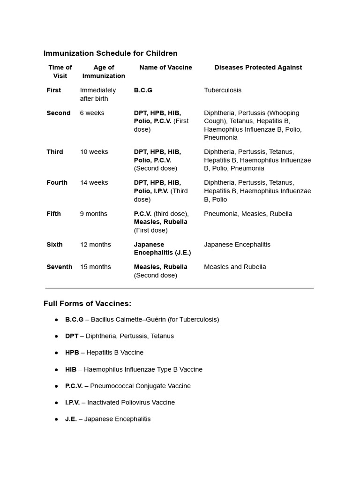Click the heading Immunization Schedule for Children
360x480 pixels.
click(x=110, y=53)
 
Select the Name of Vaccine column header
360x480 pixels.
click(x=165, y=67)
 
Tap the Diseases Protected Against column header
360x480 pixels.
click(x=258, y=67)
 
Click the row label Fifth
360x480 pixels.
click(x=53, y=214)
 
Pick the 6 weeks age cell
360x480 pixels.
click(x=92, y=113)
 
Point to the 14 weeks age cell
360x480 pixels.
click(x=94, y=182)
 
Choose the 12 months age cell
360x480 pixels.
click(x=95, y=244)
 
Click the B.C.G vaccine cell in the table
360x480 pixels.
click(x=143, y=90)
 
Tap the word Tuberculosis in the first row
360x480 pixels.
click(x=223, y=90)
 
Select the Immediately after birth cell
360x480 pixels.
click(x=97, y=94)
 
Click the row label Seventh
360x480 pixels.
click(x=59, y=267)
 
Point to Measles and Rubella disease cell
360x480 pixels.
click(x=235, y=267)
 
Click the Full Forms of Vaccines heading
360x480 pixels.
click(x=87, y=303)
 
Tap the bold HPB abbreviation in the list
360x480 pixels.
click(x=72, y=352)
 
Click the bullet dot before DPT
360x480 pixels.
click(x=56, y=336)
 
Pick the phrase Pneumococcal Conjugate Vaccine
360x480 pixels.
click(x=140, y=386)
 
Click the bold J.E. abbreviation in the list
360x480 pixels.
click(x=71, y=419)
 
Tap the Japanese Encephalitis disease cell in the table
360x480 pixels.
click(x=237, y=244)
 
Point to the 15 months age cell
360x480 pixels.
click(x=95, y=267)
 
